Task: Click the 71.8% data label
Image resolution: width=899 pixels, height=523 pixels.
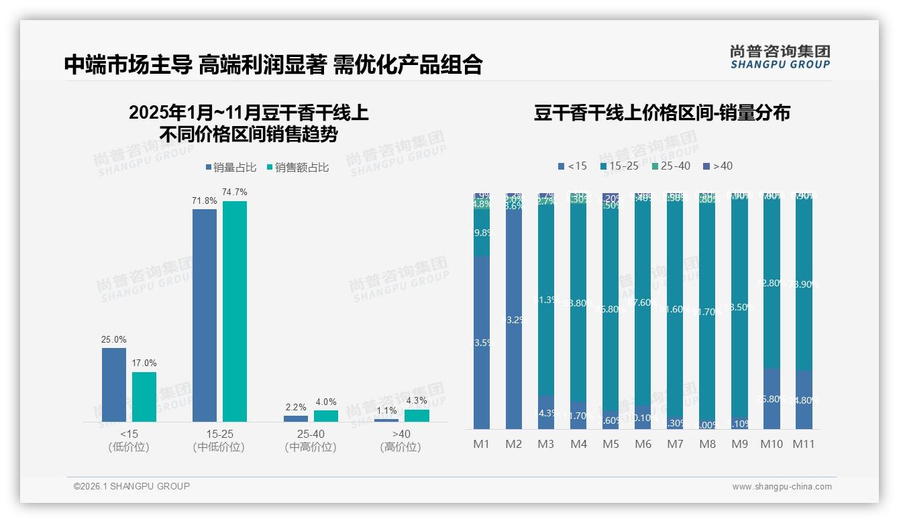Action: tap(205, 200)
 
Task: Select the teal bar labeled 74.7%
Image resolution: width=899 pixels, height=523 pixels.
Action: tap(235, 311)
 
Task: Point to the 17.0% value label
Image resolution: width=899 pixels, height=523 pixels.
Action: tap(144, 363)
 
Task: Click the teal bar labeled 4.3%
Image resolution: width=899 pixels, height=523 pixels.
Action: tap(417, 416)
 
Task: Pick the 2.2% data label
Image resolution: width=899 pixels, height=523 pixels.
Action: tap(296, 407)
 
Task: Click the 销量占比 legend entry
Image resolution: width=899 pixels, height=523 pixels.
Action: tap(230, 168)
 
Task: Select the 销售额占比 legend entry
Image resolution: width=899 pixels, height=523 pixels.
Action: tap(297, 168)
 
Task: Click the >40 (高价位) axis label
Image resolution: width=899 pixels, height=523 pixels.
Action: tap(401, 441)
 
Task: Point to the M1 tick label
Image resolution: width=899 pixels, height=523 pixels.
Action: tap(482, 444)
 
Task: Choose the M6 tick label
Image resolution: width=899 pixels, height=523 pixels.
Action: tap(643, 444)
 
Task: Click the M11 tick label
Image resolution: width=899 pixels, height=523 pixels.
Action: tap(804, 444)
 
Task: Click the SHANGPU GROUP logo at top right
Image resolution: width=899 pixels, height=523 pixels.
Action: tap(780, 57)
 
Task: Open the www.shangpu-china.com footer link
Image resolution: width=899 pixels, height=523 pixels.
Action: tap(782, 487)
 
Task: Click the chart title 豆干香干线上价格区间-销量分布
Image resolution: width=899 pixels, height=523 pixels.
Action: tap(662, 113)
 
